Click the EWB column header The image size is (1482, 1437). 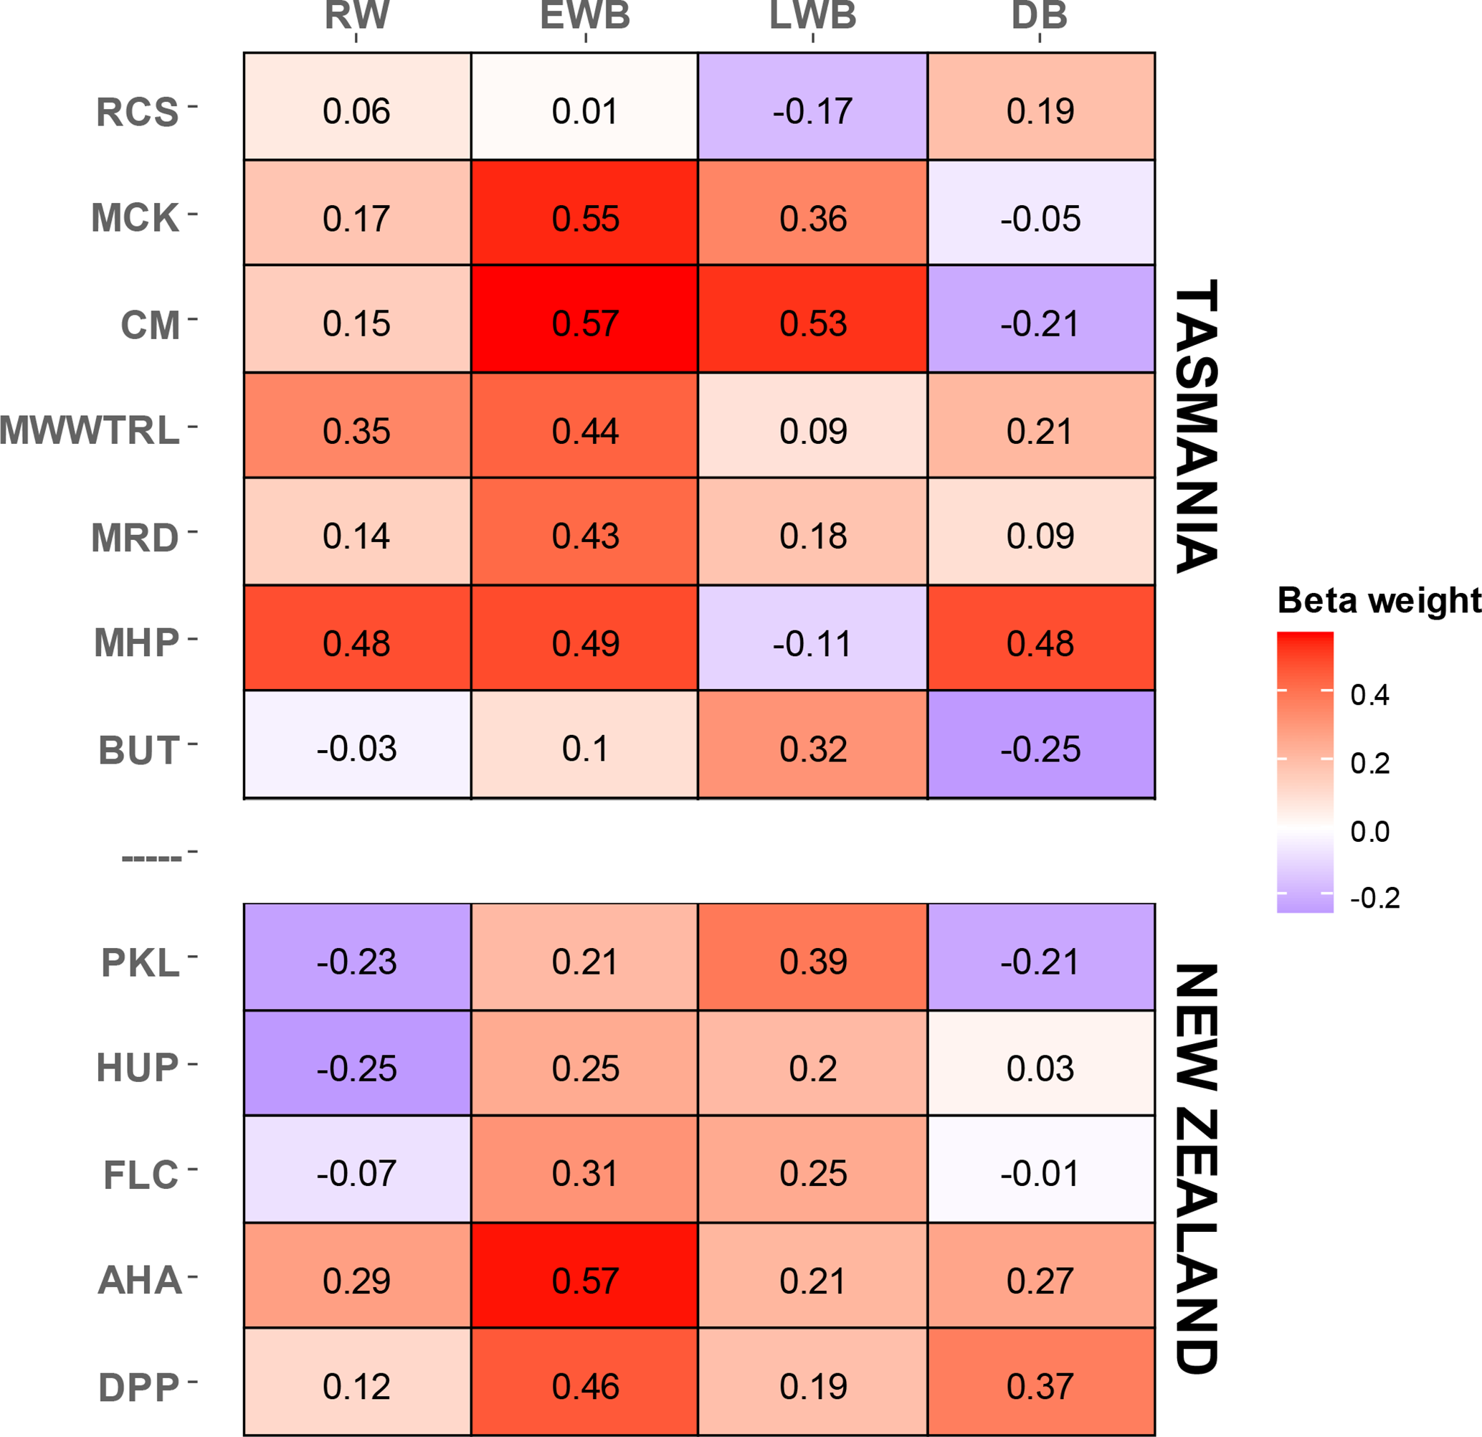(x=585, y=15)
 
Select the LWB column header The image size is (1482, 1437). (x=813, y=15)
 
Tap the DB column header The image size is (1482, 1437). (x=1040, y=15)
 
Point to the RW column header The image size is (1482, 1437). (x=357, y=15)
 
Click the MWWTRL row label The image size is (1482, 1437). (x=90, y=430)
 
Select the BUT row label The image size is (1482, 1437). (x=139, y=750)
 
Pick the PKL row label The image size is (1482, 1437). (x=141, y=963)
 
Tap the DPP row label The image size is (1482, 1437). (x=139, y=1388)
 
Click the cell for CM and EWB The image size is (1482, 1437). (x=584, y=318)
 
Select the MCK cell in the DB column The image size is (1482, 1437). (x=1041, y=212)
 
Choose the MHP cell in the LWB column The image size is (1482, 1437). (x=813, y=637)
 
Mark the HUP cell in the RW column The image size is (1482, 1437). (x=357, y=1063)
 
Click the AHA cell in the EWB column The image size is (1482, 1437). (x=584, y=1275)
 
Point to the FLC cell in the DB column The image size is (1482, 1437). (x=1041, y=1170)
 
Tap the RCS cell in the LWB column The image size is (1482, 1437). (x=813, y=106)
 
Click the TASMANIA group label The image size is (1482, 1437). (x=1196, y=426)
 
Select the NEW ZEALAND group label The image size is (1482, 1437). (x=1196, y=1169)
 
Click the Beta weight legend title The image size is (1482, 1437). (x=1379, y=600)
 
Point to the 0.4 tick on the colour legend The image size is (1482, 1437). (x=1369, y=695)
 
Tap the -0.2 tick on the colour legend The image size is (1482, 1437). (x=1374, y=898)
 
